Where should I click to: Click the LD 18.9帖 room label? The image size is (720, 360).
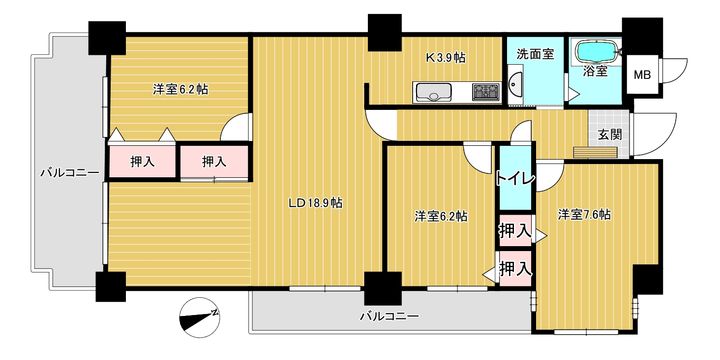pyautogui.click(x=316, y=203)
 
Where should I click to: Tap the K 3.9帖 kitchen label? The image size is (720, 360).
pyautogui.click(x=446, y=59)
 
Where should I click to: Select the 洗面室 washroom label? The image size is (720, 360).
pyautogui.click(x=535, y=52)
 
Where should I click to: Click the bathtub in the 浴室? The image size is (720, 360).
pyautogui.click(x=595, y=49)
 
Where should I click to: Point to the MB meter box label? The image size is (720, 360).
pyautogui.click(x=645, y=74)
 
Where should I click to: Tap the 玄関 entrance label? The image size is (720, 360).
pyautogui.click(x=610, y=134)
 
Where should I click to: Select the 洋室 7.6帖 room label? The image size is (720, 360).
pyautogui.click(x=585, y=214)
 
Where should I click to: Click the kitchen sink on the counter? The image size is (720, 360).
pyautogui.click(x=431, y=95)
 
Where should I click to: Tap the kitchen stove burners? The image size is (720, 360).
pyautogui.click(x=486, y=93)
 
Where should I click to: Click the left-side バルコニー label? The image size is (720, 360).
pyautogui.click(x=69, y=173)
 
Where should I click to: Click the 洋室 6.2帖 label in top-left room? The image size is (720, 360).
pyautogui.click(x=180, y=89)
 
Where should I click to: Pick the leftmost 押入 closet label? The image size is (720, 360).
pyautogui.click(x=143, y=161)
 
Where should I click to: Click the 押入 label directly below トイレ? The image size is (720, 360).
pyautogui.click(x=515, y=232)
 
